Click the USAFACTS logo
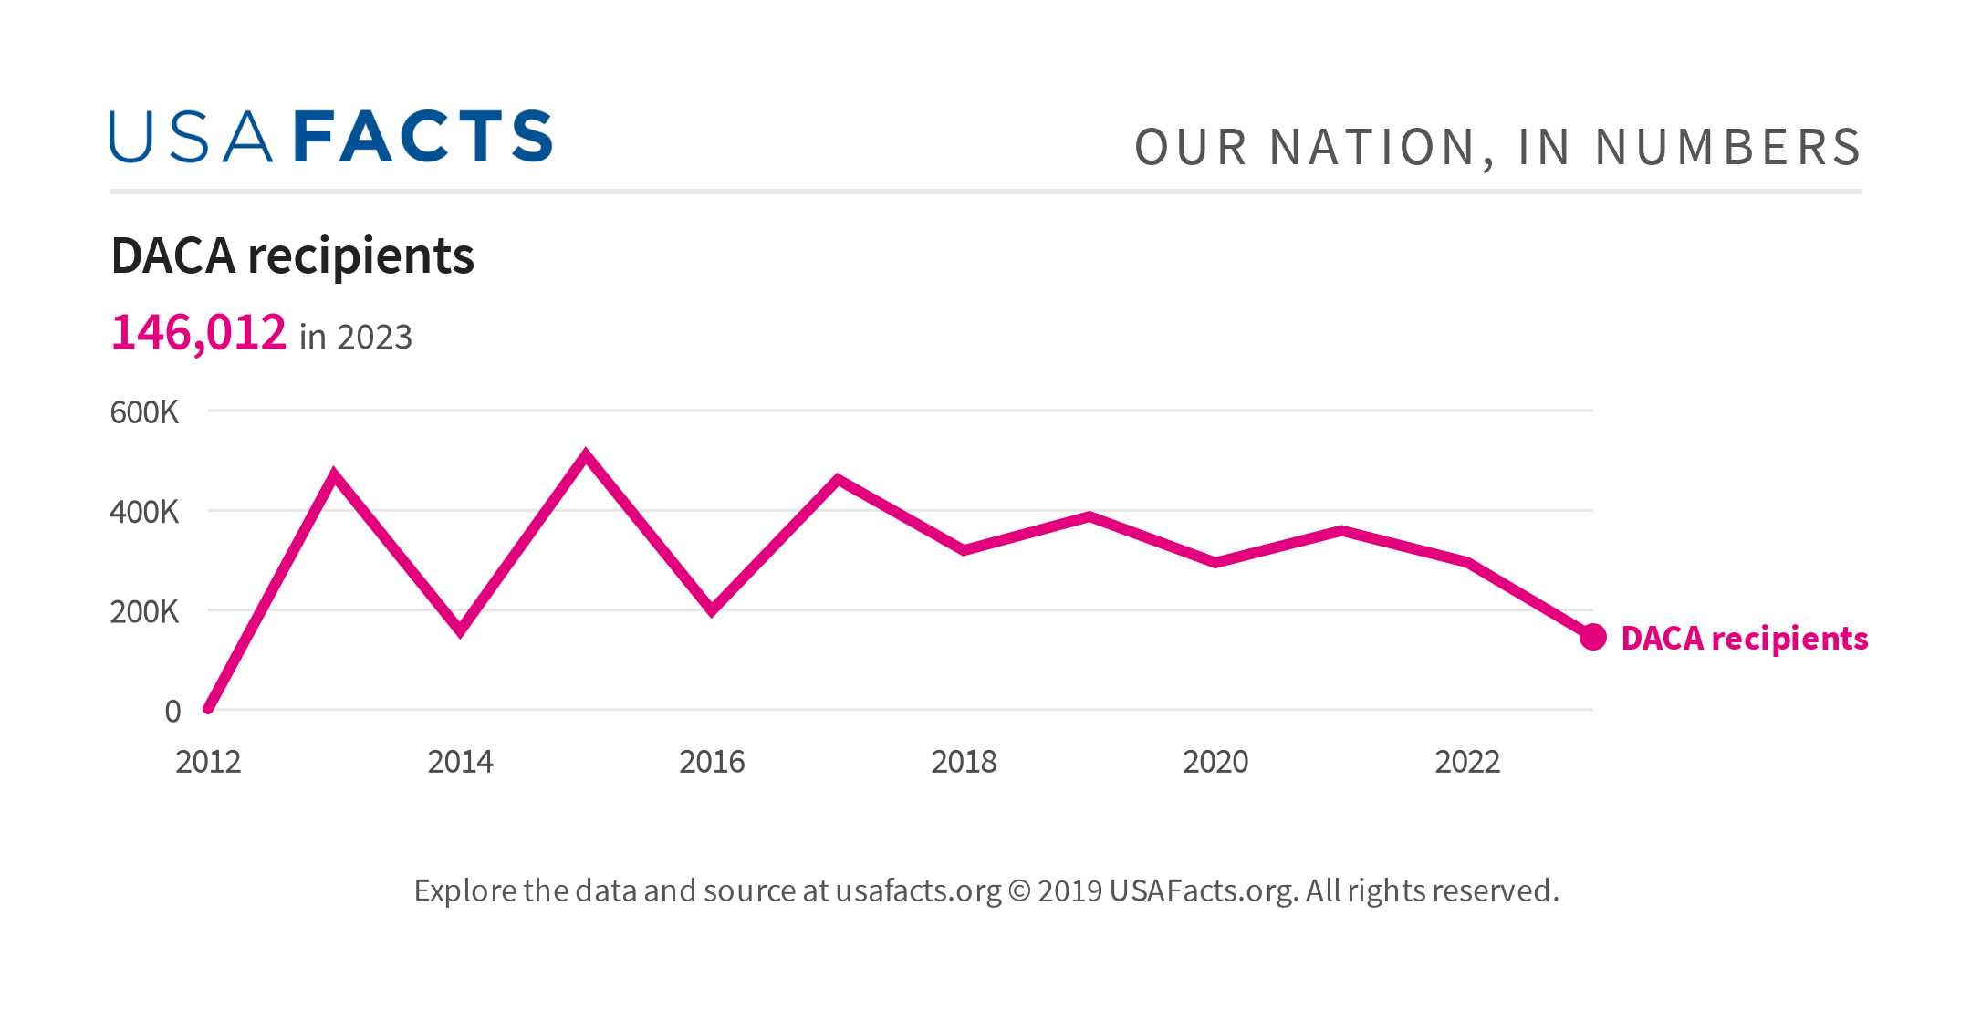click(330, 137)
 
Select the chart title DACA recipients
click(292, 255)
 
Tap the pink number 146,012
click(198, 332)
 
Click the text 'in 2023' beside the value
click(356, 338)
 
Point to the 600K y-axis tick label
click(144, 412)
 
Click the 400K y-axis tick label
click(144, 512)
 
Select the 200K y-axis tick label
click(144, 611)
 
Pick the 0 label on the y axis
click(172, 712)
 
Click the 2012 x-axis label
click(208, 762)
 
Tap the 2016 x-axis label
click(712, 762)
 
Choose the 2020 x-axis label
click(1215, 762)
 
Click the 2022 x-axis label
click(1467, 762)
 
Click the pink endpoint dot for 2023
click(1593, 637)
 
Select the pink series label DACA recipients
click(1744, 639)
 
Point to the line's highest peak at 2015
click(586, 454)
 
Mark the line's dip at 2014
click(460, 630)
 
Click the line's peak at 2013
click(334, 474)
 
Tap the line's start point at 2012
click(209, 708)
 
